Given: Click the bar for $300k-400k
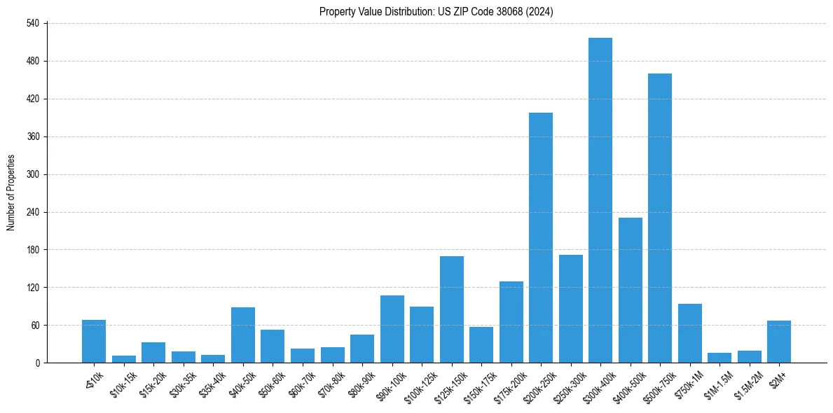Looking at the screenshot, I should (600, 200).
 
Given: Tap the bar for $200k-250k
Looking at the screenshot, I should (541, 237).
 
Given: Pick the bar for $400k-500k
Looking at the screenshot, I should (631, 290).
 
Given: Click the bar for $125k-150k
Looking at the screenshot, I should (452, 309).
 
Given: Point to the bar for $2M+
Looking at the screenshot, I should (779, 342).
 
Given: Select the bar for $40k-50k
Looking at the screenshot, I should (243, 335).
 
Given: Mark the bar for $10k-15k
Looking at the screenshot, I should (124, 359).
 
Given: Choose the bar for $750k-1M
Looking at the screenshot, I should (690, 333).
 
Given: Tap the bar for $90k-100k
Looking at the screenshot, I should (392, 329).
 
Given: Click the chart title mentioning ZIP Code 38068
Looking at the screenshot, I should (436, 12).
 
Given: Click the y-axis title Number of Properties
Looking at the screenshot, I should (11, 192).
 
